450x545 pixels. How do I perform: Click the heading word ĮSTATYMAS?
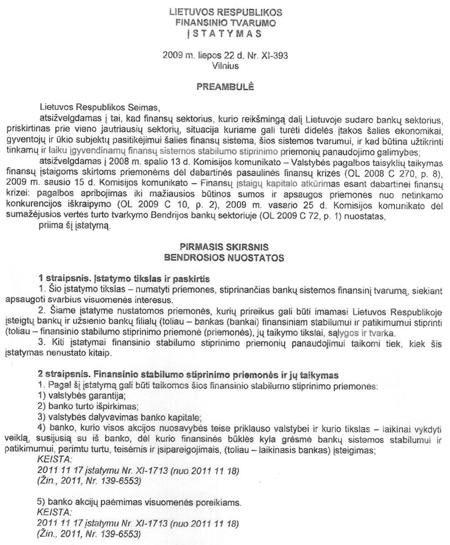point(225,34)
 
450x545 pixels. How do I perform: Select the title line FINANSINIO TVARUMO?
point(225,22)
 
